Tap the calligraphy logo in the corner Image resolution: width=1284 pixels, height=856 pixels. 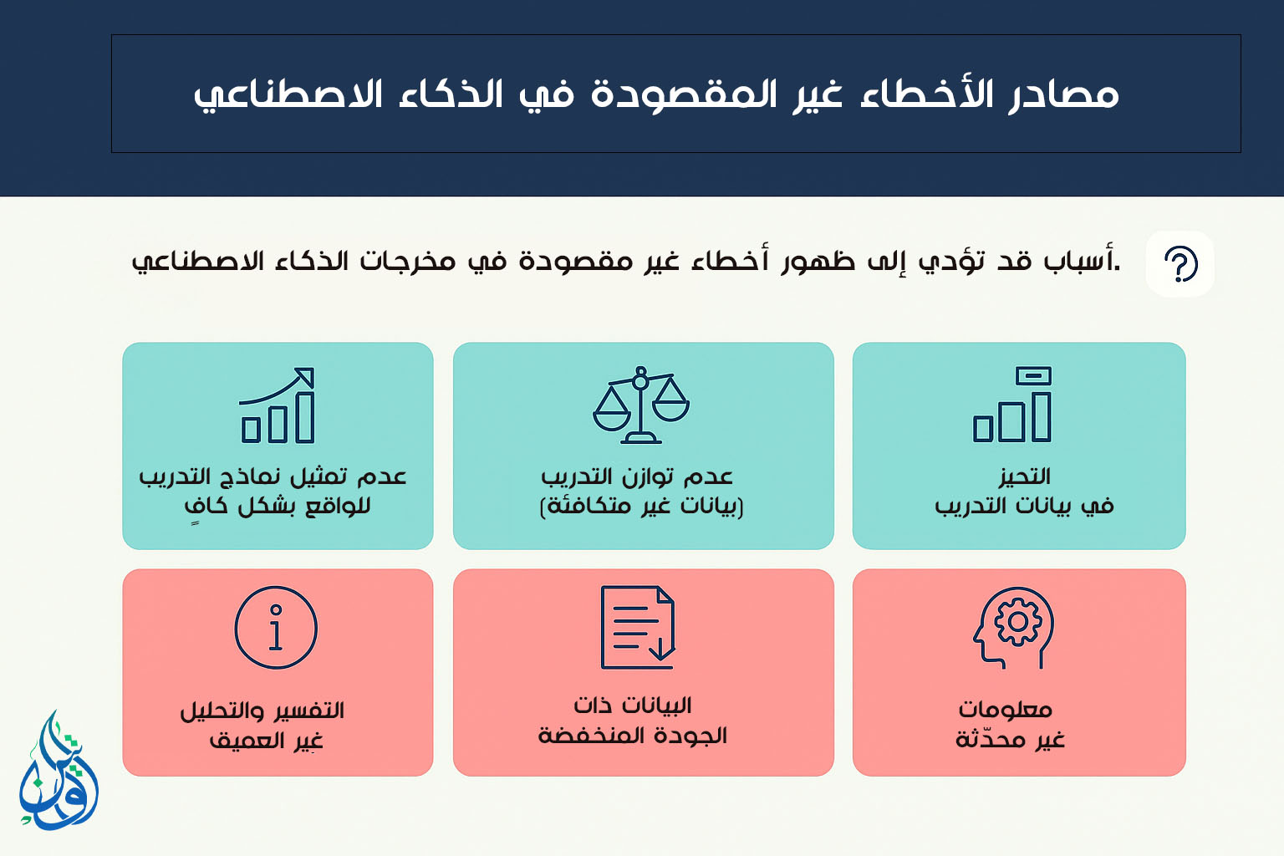58,771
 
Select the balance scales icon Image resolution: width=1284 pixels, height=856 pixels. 641,405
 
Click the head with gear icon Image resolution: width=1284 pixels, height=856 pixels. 1013,628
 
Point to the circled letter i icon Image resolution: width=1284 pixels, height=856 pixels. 276,627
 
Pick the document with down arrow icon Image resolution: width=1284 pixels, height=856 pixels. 638,627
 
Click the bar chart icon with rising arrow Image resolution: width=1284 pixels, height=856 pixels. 277,405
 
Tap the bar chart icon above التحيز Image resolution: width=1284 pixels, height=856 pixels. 1012,405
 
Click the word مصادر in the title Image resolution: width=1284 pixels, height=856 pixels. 1063,95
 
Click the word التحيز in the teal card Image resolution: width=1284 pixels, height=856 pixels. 1024,476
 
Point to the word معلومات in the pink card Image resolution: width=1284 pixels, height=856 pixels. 1006,710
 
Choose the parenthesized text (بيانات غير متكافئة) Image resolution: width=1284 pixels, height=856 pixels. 641,507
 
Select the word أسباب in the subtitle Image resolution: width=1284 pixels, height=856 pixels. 1080,260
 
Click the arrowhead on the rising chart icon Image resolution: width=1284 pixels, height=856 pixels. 304,377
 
